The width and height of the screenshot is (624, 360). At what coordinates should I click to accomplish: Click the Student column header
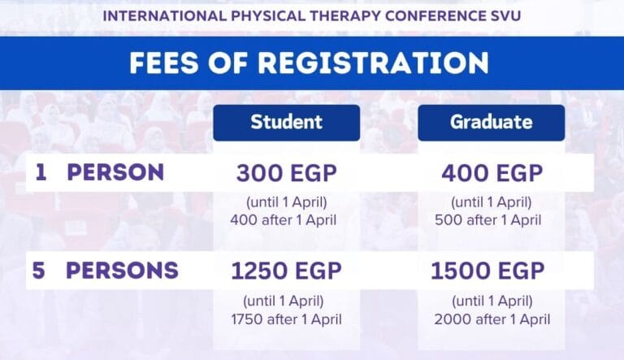(287, 123)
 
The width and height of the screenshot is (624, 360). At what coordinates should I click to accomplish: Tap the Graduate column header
(491, 123)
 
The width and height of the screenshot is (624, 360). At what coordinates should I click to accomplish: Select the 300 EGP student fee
(287, 173)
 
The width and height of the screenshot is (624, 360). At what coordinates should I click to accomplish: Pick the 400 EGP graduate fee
(492, 173)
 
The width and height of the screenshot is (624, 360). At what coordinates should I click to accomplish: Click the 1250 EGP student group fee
(287, 271)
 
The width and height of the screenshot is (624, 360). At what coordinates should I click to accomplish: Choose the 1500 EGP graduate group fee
(487, 271)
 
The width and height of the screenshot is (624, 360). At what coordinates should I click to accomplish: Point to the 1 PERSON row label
(99, 172)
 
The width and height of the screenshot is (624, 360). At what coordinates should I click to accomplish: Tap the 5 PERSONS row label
(105, 271)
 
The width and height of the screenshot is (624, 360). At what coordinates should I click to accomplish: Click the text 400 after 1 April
(284, 220)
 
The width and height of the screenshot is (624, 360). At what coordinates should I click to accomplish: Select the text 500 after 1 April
(487, 220)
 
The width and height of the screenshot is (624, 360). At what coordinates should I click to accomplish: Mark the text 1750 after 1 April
(287, 319)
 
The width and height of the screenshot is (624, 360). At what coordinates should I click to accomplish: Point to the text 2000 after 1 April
(492, 319)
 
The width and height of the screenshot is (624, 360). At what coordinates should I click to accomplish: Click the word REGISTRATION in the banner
(373, 63)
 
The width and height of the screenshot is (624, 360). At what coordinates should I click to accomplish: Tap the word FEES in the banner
(164, 63)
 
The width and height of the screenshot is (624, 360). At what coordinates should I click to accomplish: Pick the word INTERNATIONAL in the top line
(165, 16)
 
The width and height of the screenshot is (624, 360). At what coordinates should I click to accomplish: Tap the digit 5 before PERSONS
(39, 271)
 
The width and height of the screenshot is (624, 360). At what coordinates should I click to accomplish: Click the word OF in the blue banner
(228, 63)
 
